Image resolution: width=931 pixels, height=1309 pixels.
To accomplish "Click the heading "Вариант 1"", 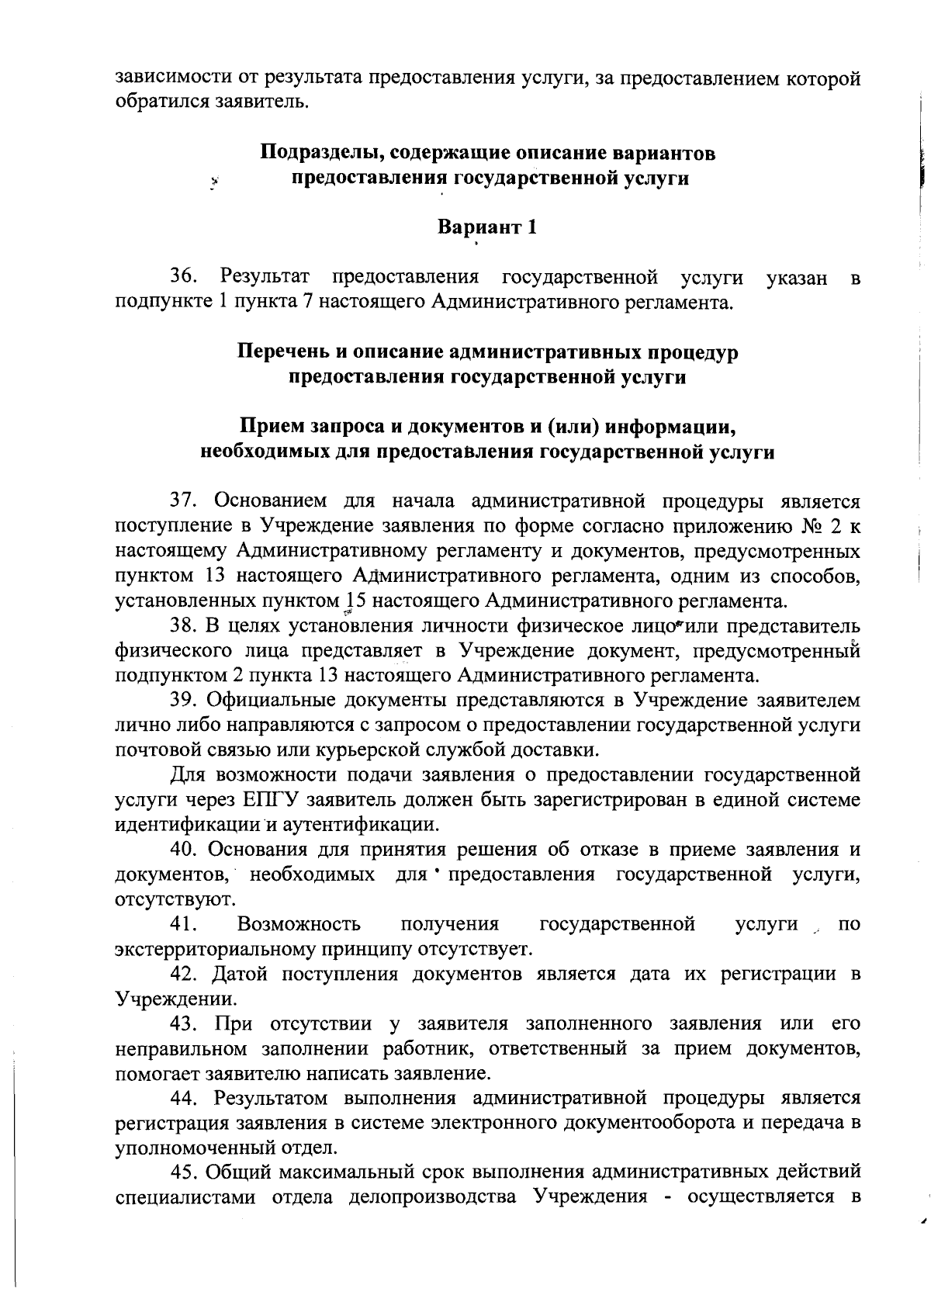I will click(486, 227).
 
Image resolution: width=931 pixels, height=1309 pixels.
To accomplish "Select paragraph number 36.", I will click(184, 276).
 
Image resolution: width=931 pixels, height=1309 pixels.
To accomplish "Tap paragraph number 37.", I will click(184, 500).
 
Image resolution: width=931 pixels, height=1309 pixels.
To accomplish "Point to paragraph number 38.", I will click(184, 625).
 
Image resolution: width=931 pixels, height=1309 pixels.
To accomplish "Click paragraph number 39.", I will click(184, 700).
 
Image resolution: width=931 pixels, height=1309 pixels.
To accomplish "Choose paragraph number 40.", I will click(184, 850).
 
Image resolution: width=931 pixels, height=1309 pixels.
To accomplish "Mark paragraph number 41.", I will click(184, 924).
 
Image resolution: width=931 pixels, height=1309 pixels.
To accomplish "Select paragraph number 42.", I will click(184, 974).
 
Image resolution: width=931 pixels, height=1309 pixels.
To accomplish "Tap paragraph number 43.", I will click(184, 1024).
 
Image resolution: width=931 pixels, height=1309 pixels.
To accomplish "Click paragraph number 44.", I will click(184, 1099).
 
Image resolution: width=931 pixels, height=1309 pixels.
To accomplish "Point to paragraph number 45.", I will click(184, 1173).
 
